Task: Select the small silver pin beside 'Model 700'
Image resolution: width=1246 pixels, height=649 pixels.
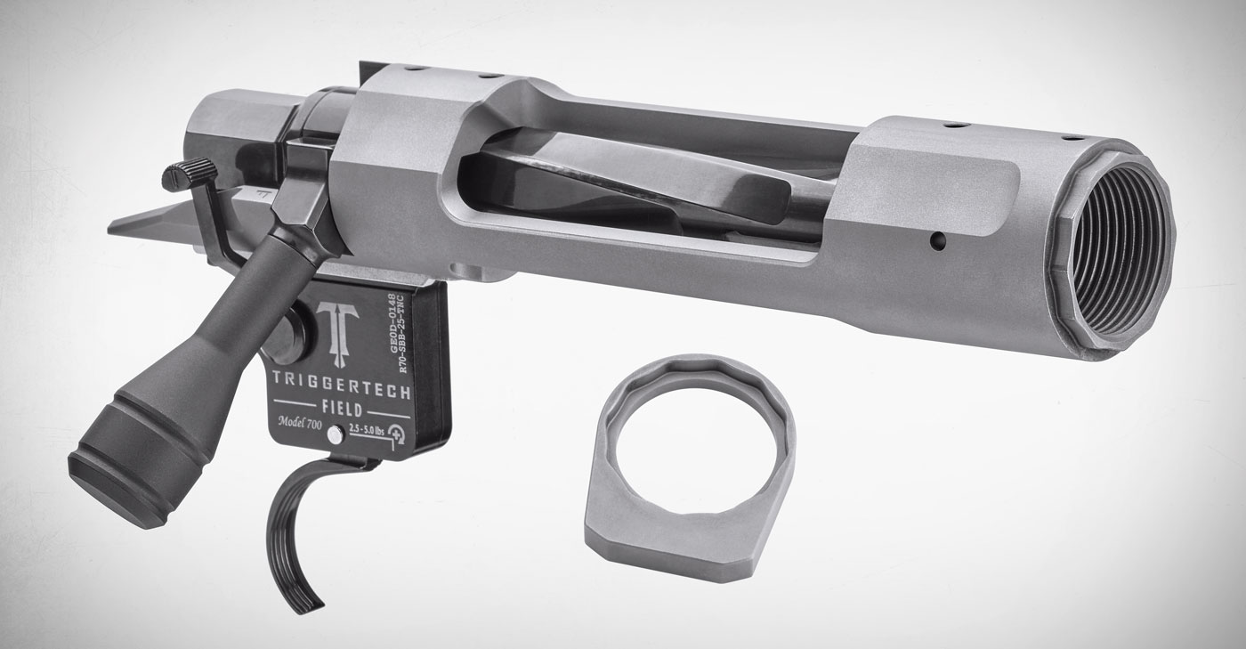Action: tap(335, 435)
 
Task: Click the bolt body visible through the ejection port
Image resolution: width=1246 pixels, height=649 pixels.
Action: tap(623, 183)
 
